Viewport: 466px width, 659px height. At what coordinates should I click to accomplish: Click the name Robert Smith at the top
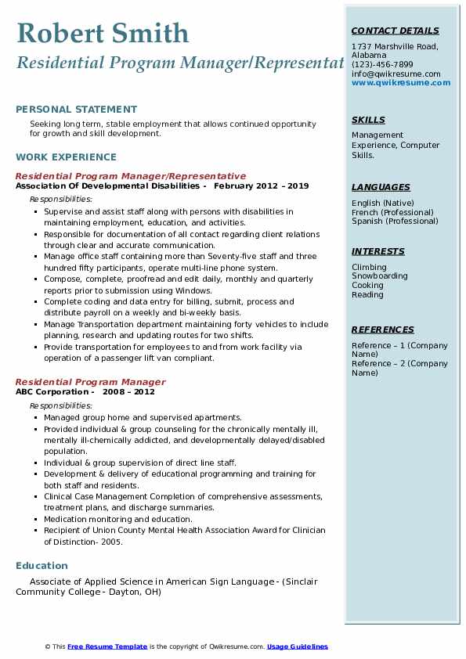[x=103, y=33]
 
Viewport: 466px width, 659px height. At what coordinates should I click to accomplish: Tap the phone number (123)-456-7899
[x=382, y=64]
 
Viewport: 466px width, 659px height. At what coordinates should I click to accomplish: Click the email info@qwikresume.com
[x=396, y=74]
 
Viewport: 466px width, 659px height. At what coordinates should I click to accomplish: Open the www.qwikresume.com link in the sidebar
[x=400, y=82]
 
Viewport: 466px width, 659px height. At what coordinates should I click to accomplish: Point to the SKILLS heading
[x=368, y=120]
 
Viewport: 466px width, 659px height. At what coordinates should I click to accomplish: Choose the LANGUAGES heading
[x=381, y=187]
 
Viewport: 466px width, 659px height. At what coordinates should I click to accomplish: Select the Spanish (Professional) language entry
[x=396, y=221]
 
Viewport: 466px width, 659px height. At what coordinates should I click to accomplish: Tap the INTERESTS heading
[x=378, y=251]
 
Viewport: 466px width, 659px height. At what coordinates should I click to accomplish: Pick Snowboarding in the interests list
[x=379, y=276]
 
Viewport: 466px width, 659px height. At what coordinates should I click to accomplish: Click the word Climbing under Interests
[x=369, y=267]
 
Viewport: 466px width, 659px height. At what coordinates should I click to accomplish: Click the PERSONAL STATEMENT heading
[x=76, y=110]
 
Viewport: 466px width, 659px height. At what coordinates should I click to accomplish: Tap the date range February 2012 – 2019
[x=261, y=186]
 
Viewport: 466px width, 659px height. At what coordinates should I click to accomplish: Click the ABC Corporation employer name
[x=52, y=391]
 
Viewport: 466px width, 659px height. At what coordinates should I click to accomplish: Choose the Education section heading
[x=42, y=566]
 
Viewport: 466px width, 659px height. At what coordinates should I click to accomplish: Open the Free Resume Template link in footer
[x=107, y=646]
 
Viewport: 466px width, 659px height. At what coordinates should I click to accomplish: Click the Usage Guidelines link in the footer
[x=297, y=646]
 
